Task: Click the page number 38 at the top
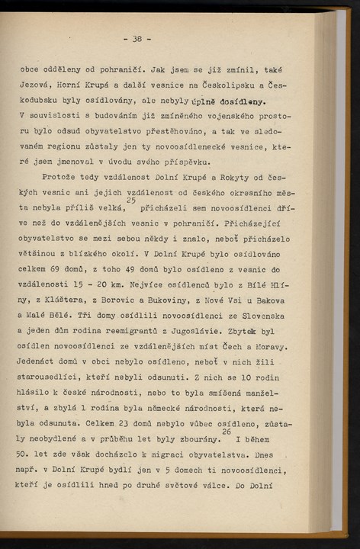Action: (137, 39)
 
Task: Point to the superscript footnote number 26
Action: (226, 432)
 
